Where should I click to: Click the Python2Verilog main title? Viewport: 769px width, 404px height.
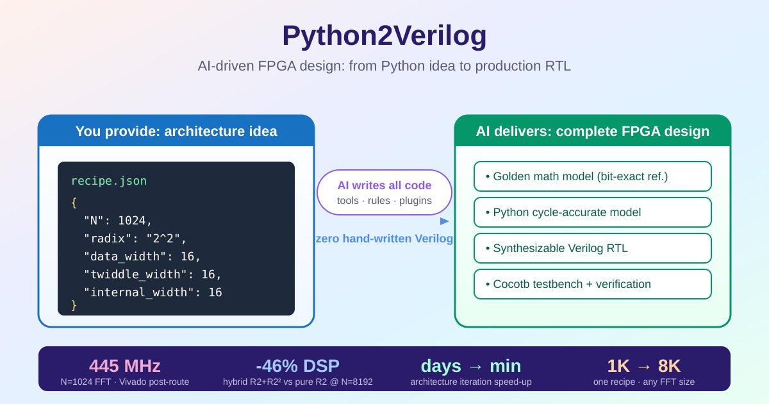click(x=384, y=37)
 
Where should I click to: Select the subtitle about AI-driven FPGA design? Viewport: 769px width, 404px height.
click(x=384, y=67)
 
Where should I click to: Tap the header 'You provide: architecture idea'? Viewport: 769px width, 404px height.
click(x=176, y=131)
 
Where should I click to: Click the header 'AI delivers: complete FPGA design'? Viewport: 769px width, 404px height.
click(x=592, y=131)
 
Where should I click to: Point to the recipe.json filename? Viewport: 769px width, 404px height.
click(x=108, y=181)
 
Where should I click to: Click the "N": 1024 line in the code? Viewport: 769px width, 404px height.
click(x=118, y=221)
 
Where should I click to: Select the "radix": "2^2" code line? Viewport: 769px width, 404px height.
click(x=135, y=239)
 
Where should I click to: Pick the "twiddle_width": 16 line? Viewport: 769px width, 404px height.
click(x=152, y=274)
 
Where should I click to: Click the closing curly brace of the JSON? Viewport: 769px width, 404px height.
click(x=74, y=305)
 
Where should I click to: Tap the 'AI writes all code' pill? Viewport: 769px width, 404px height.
click(x=384, y=192)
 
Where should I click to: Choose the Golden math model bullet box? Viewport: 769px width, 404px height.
click(x=592, y=176)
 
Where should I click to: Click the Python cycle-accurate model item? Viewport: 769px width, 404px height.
click(x=592, y=212)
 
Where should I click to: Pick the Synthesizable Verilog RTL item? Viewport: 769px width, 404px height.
click(x=592, y=248)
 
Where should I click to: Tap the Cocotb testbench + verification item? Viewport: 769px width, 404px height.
click(x=592, y=284)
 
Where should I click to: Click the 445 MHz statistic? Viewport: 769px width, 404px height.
click(x=124, y=366)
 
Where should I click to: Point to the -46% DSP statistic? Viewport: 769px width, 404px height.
click(x=297, y=366)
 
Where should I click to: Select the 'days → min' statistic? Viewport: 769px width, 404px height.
click(x=471, y=366)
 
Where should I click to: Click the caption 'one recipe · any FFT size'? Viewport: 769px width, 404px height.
click(x=644, y=382)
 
